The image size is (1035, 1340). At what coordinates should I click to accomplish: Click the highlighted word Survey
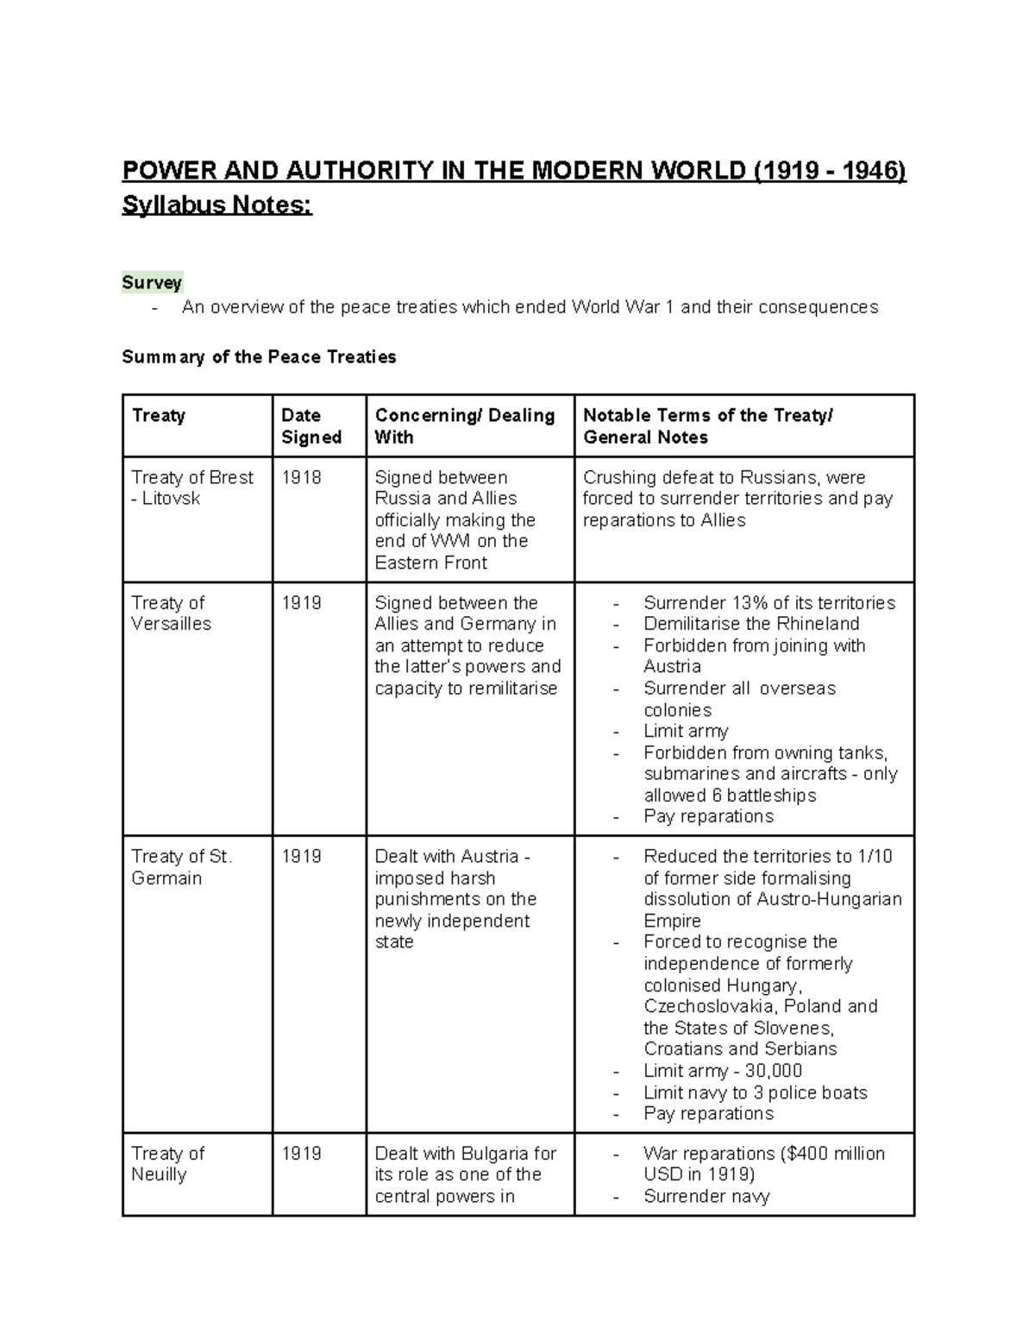tap(152, 283)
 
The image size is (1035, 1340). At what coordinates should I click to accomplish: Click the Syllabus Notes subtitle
tap(216, 206)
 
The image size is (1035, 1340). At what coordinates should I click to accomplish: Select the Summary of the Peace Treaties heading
tap(259, 357)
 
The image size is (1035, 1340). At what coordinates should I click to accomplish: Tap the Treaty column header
tap(158, 416)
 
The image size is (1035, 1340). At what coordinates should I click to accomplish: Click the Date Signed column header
tap(310, 426)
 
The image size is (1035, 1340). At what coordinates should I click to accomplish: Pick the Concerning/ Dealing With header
tap(464, 426)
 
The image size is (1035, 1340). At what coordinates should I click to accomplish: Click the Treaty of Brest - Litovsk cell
tap(191, 488)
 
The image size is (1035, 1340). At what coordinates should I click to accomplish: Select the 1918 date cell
tap(301, 478)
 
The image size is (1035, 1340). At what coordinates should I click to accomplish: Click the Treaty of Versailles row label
tap(171, 613)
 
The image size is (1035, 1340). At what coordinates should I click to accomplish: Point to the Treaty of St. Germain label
tap(181, 867)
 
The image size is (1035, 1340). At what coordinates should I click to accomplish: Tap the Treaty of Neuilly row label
tap(167, 1164)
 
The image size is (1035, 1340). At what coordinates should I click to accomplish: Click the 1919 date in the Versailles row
tap(301, 603)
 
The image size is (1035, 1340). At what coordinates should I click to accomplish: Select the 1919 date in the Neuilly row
tap(301, 1154)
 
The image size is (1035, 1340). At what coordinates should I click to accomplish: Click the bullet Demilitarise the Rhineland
tap(750, 624)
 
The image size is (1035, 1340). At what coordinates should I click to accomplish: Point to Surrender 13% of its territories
tap(768, 603)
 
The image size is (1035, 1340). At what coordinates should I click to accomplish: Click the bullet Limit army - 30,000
tap(723, 1071)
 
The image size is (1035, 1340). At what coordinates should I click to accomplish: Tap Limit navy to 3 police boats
tap(755, 1092)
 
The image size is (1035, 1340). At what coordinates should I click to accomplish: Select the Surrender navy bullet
tap(706, 1196)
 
